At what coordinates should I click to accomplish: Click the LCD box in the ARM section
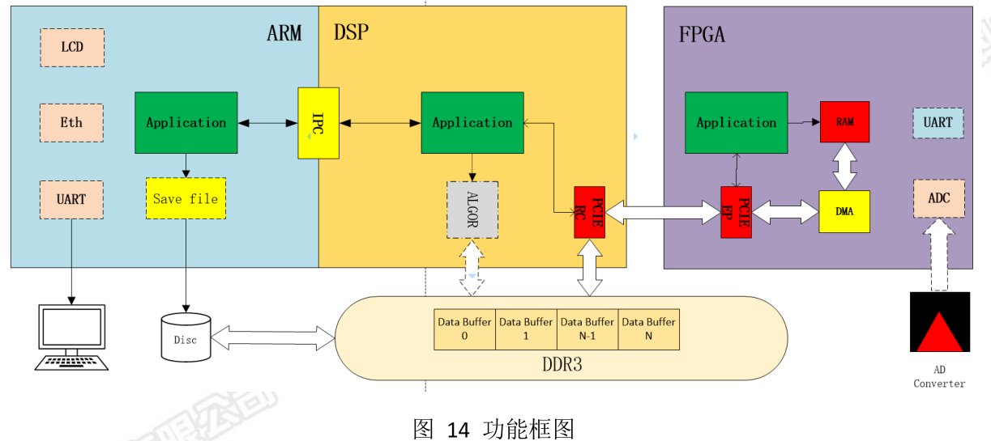72,48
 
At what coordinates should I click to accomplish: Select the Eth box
71,123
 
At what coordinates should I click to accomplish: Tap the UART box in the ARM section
71,199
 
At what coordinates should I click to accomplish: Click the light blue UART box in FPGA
938,123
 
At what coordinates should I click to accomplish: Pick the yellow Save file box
186,199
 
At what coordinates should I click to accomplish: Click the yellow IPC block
318,123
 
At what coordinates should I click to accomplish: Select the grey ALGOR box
472,210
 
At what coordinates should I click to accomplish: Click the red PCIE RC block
589,212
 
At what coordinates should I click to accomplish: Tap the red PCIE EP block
736,212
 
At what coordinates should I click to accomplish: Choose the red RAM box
844,122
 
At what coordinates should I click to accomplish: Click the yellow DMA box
844,212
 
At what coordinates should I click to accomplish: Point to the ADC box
939,198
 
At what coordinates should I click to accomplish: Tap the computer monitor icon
71,332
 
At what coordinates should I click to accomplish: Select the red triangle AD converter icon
939,323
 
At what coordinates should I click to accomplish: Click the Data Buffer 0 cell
464,329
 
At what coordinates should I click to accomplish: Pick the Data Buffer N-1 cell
587,329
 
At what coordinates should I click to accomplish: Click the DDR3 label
562,365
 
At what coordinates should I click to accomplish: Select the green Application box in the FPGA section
736,123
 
